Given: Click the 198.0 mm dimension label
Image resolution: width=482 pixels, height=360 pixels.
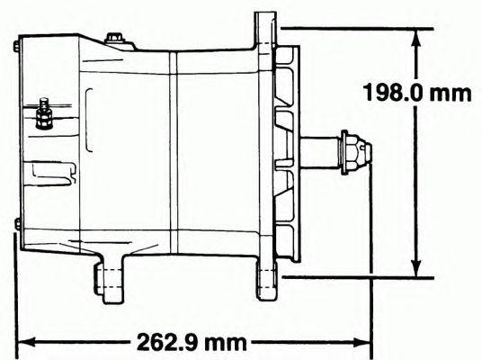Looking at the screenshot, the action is click(417, 93).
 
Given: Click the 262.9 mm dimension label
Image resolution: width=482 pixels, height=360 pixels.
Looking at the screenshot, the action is click(192, 342).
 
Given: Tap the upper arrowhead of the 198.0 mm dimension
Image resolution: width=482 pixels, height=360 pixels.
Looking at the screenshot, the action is click(416, 38).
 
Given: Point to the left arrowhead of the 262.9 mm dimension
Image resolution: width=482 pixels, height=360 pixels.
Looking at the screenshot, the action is click(27, 342).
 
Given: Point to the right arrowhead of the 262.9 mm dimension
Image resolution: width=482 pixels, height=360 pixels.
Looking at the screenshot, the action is click(361, 342).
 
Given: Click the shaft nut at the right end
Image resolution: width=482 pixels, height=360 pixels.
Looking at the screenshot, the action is click(355, 152).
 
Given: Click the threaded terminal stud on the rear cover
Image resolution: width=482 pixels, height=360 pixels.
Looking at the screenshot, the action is click(44, 113).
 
